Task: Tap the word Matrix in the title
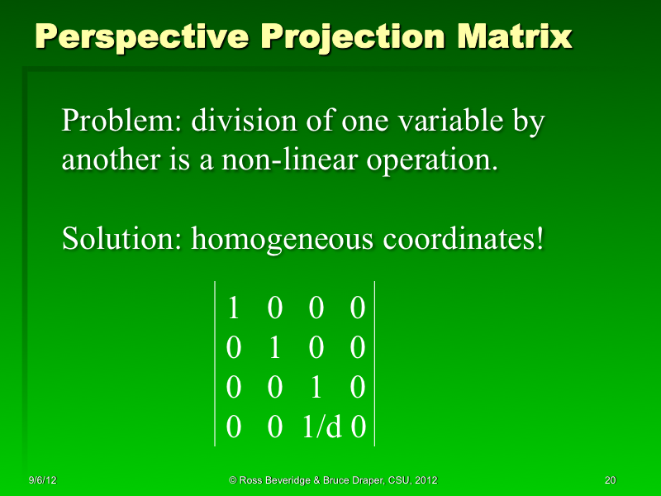521,36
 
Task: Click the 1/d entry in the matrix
323,426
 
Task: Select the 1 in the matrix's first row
234,308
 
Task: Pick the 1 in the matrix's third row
316,387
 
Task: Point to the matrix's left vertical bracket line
216,364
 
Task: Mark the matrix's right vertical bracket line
374,364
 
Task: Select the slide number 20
611,480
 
